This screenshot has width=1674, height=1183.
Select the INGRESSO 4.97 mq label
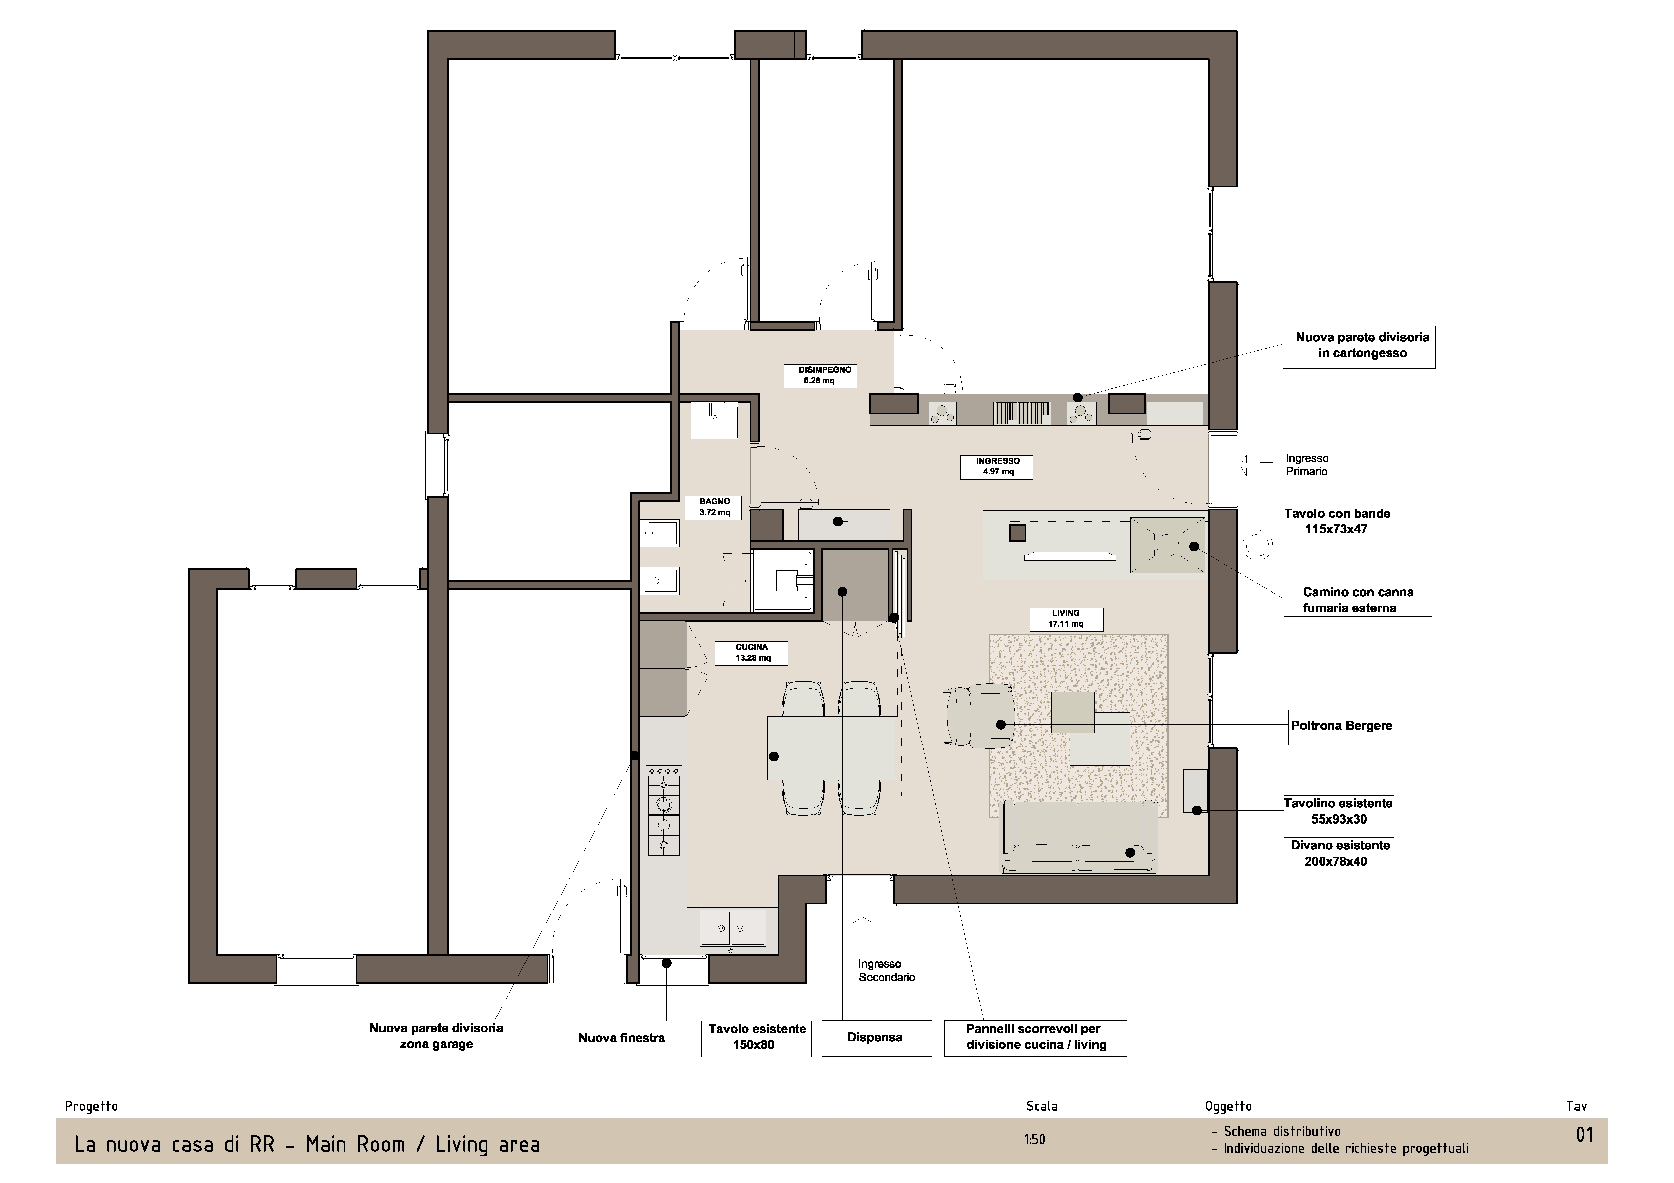pos(997,466)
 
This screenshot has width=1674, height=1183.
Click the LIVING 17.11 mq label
pos(1066,619)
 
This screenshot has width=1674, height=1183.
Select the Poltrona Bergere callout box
pos(1343,727)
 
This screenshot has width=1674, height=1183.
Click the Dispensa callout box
pos(876,1038)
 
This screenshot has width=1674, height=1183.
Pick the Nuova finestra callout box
pos(623,1038)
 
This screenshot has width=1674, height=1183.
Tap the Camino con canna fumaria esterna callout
pos(1358,599)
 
